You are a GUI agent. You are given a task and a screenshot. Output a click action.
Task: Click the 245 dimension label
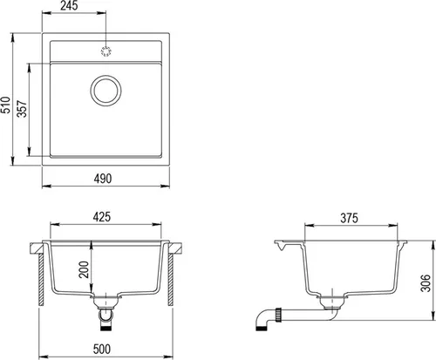click(x=69, y=5)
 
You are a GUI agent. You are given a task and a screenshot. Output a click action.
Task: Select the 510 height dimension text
click(x=6, y=105)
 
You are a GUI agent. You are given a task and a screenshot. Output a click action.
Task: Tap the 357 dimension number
click(x=22, y=109)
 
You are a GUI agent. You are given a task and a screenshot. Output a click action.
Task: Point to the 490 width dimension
click(x=103, y=179)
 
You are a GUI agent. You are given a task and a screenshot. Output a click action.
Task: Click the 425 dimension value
click(x=101, y=217)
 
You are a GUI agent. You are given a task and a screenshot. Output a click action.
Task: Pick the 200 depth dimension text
click(x=85, y=269)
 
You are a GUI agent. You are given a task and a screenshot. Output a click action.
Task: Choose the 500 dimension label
click(x=102, y=349)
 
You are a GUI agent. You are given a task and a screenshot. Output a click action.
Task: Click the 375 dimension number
click(x=349, y=218)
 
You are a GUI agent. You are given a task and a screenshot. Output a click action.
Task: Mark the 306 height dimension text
click(x=426, y=283)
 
